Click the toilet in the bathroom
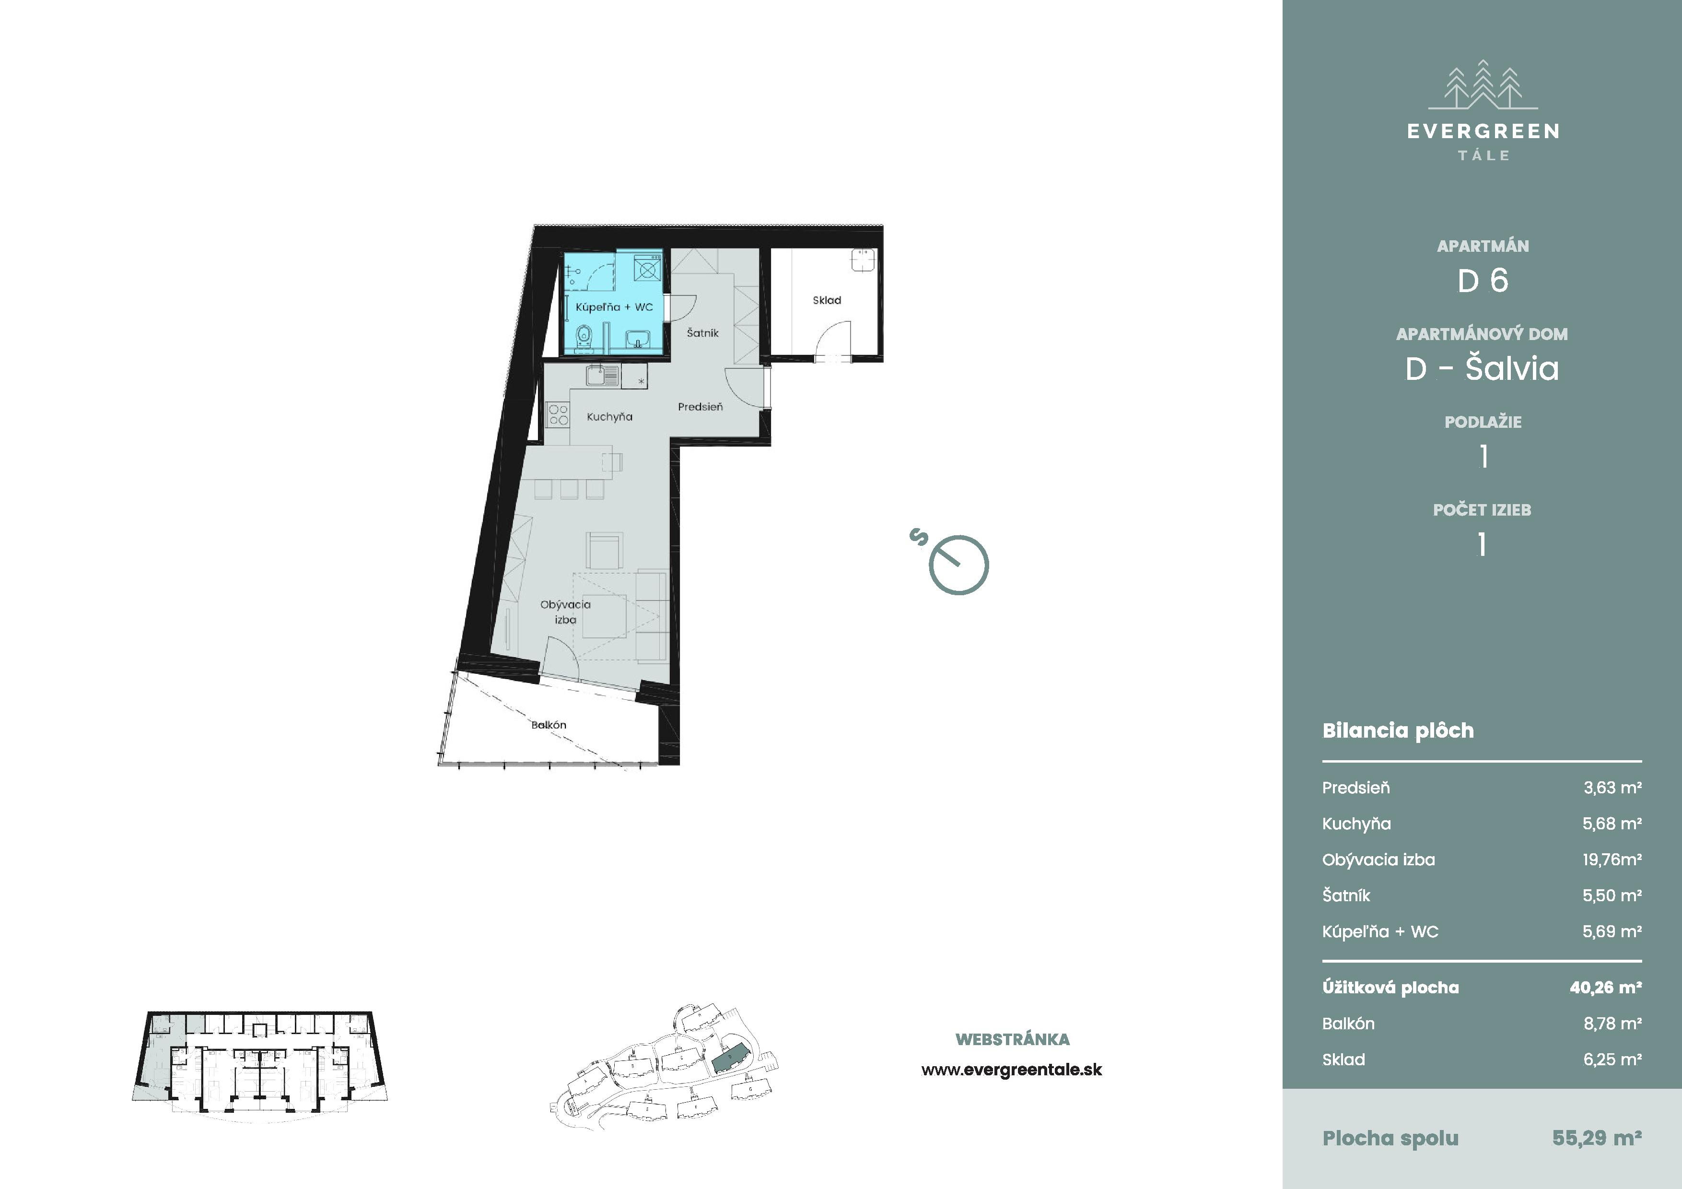(584, 337)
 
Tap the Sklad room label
(826, 300)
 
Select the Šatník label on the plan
(702, 332)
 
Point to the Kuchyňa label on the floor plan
(609, 417)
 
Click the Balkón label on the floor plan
(549, 725)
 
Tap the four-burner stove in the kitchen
(558, 415)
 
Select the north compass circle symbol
(959, 565)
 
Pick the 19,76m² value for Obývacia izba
(1612, 859)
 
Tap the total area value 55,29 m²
(1597, 1138)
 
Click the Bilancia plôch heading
(1398, 730)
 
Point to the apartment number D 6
(1483, 281)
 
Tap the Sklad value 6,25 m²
(1612, 1060)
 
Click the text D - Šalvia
(1482, 368)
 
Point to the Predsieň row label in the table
(1356, 788)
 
